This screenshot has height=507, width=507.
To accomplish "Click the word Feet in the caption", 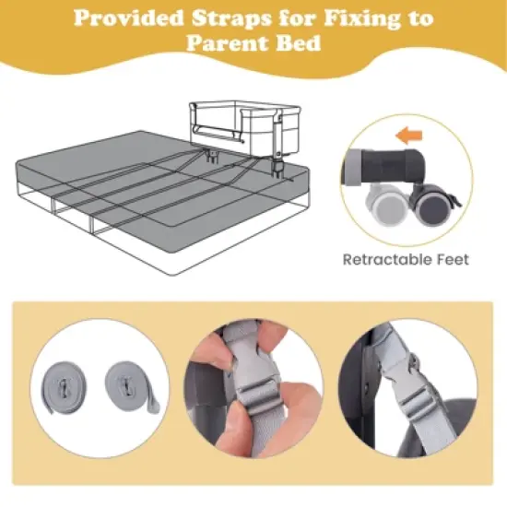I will click(x=451, y=260).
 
